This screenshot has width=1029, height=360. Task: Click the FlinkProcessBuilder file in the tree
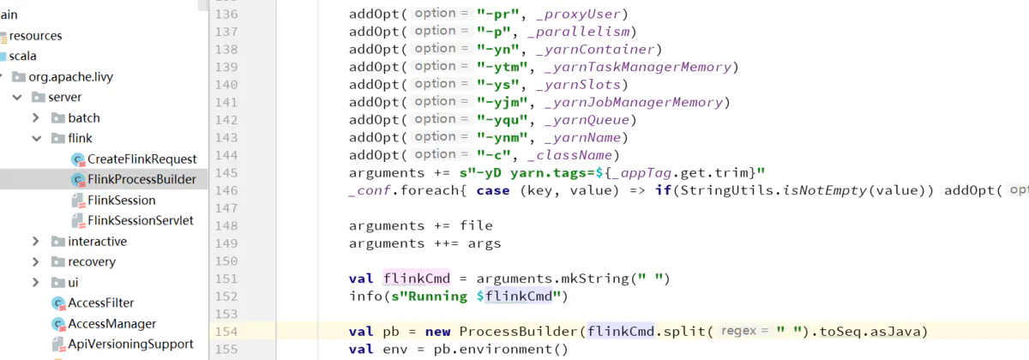[141, 179]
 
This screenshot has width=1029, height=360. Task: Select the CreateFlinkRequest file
[141, 159]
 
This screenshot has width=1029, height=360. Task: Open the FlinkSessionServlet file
[140, 220]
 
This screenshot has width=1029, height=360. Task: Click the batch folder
[83, 117]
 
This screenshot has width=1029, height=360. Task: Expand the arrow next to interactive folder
[35, 242]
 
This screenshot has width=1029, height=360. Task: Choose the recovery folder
[91, 261]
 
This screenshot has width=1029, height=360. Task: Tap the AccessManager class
[111, 323]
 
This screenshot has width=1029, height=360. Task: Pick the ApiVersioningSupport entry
[130, 344]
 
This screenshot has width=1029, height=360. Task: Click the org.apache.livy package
[70, 76]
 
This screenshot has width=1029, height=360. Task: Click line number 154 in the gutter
[226, 332]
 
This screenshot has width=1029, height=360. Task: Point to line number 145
[226, 173]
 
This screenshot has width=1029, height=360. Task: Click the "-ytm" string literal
[502, 67]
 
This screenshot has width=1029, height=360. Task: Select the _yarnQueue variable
[593, 120]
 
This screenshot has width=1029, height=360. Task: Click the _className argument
[572, 155]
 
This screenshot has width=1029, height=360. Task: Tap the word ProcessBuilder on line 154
[519, 332]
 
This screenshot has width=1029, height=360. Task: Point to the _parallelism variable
[584, 32]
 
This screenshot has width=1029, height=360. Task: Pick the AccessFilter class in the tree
[100, 303]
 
